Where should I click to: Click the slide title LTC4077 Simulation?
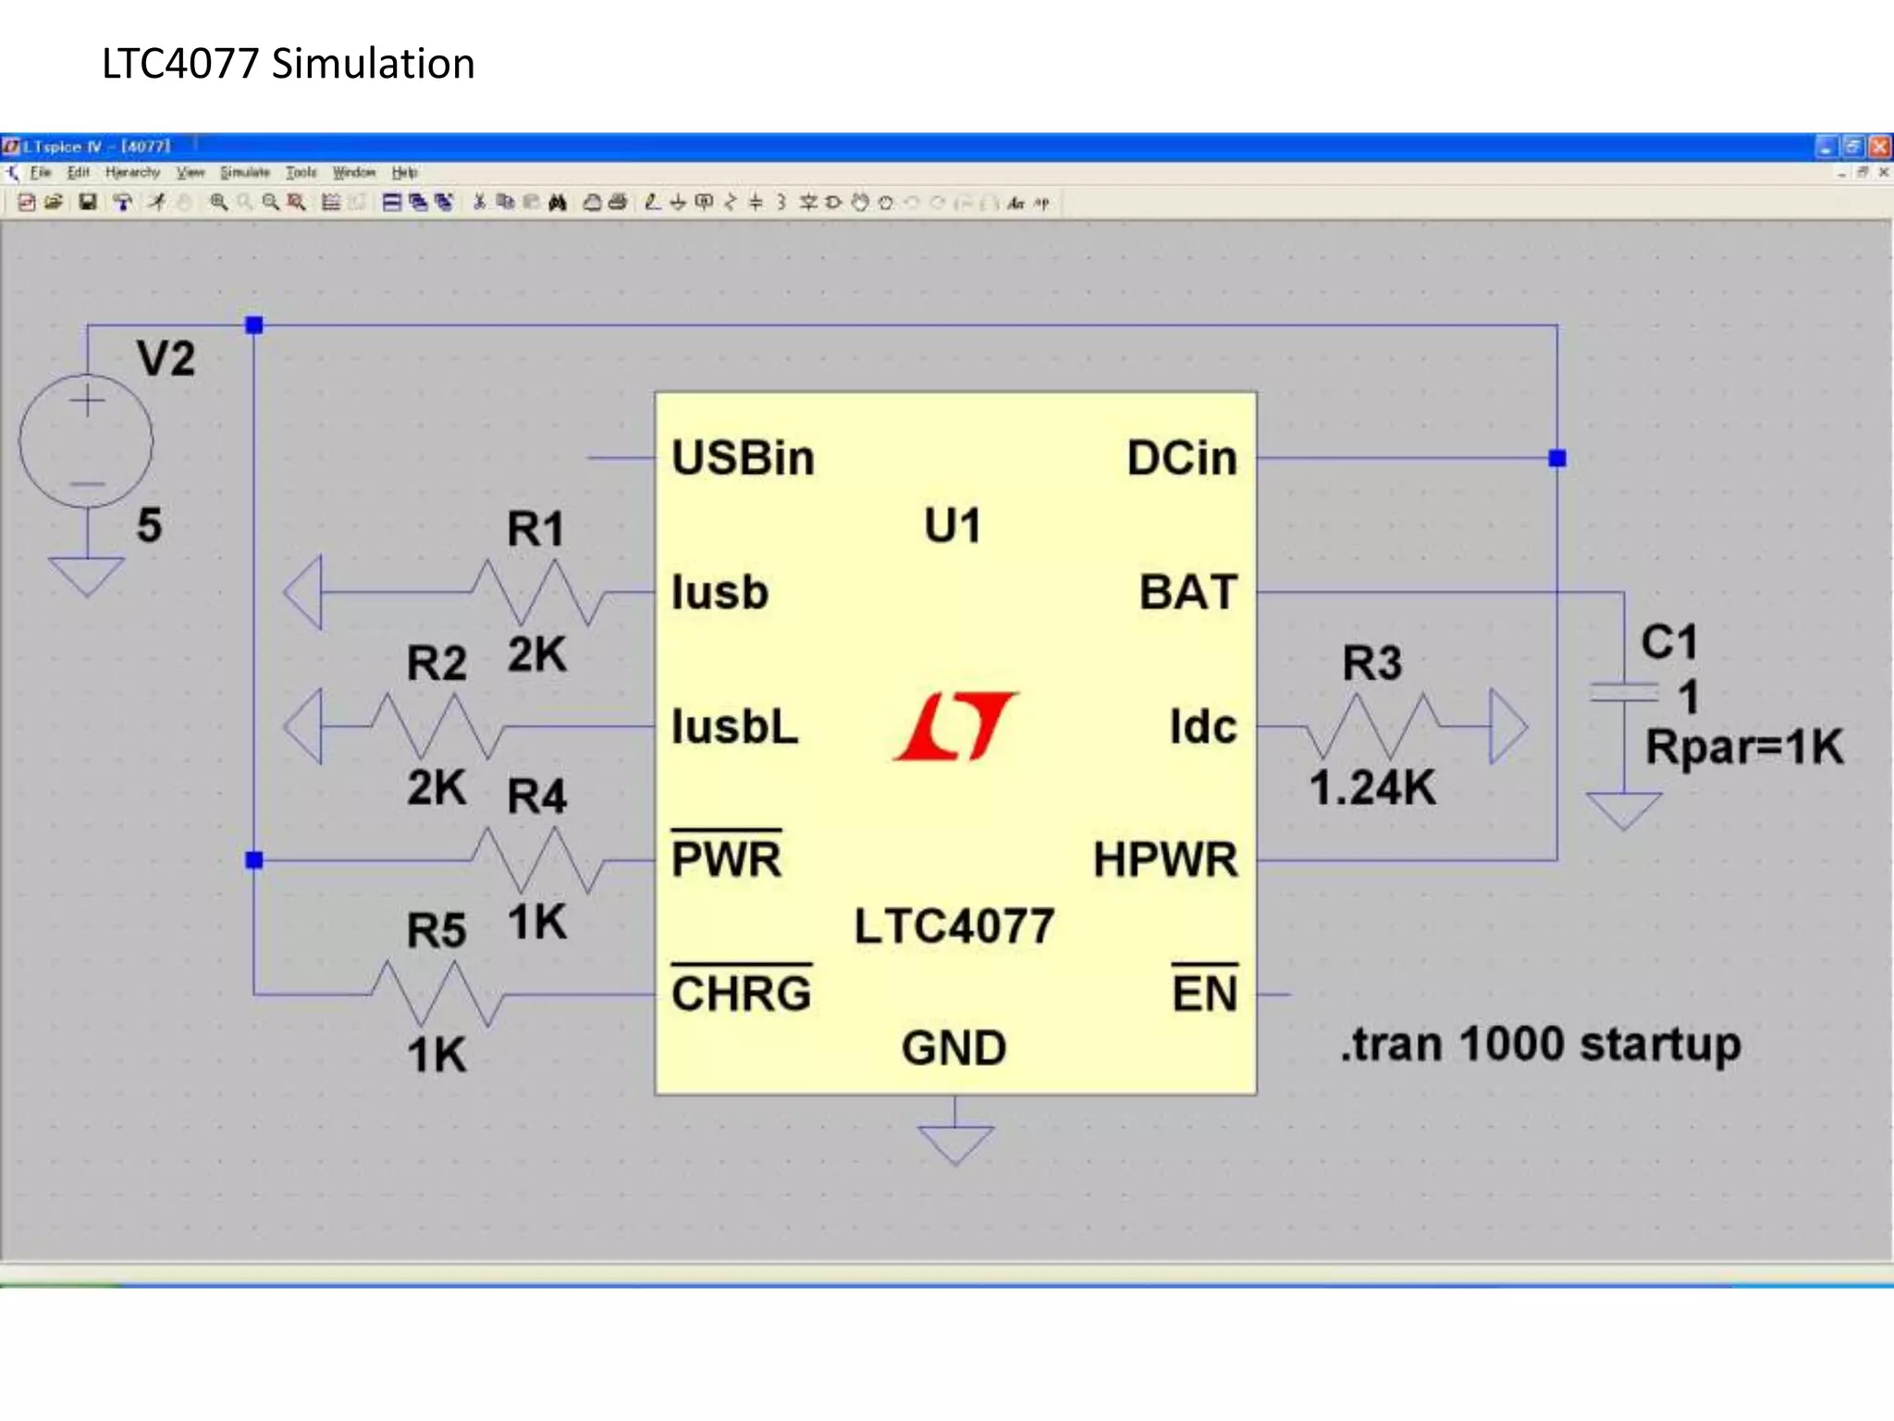[288, 64]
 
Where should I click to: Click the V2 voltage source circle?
[86, 441]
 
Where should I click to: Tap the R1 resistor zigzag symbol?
[536, 592]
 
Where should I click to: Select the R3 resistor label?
[1371, 663]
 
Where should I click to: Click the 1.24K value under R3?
[1372, 788]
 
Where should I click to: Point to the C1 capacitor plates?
[1623, 692]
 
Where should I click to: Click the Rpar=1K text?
[1744, 747]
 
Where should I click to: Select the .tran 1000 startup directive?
[1541, 1044]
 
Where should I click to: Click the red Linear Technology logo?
[955, 726]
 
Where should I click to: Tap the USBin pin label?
[743, 458]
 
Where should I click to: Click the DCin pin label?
[1181, 458]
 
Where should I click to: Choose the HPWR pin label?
[1164, 859]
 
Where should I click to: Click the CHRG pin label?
[741, 994]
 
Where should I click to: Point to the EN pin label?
[1204, 994]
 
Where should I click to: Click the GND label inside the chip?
[953, 1048]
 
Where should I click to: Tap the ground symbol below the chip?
[955, 1142]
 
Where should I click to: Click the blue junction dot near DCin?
[1557, 458]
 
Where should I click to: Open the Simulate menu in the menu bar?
[244, 173]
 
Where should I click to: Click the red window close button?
[1879, 146]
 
